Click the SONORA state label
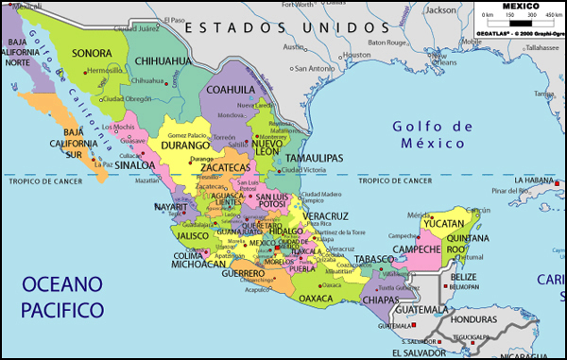pyautogui.click(x=92, y=54)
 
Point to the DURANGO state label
pyautogui.click(x=184, y=146)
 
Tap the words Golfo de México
pyautogui.click(x=429, y=135)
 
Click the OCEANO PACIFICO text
pyautogui.click(x=61, y=296)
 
